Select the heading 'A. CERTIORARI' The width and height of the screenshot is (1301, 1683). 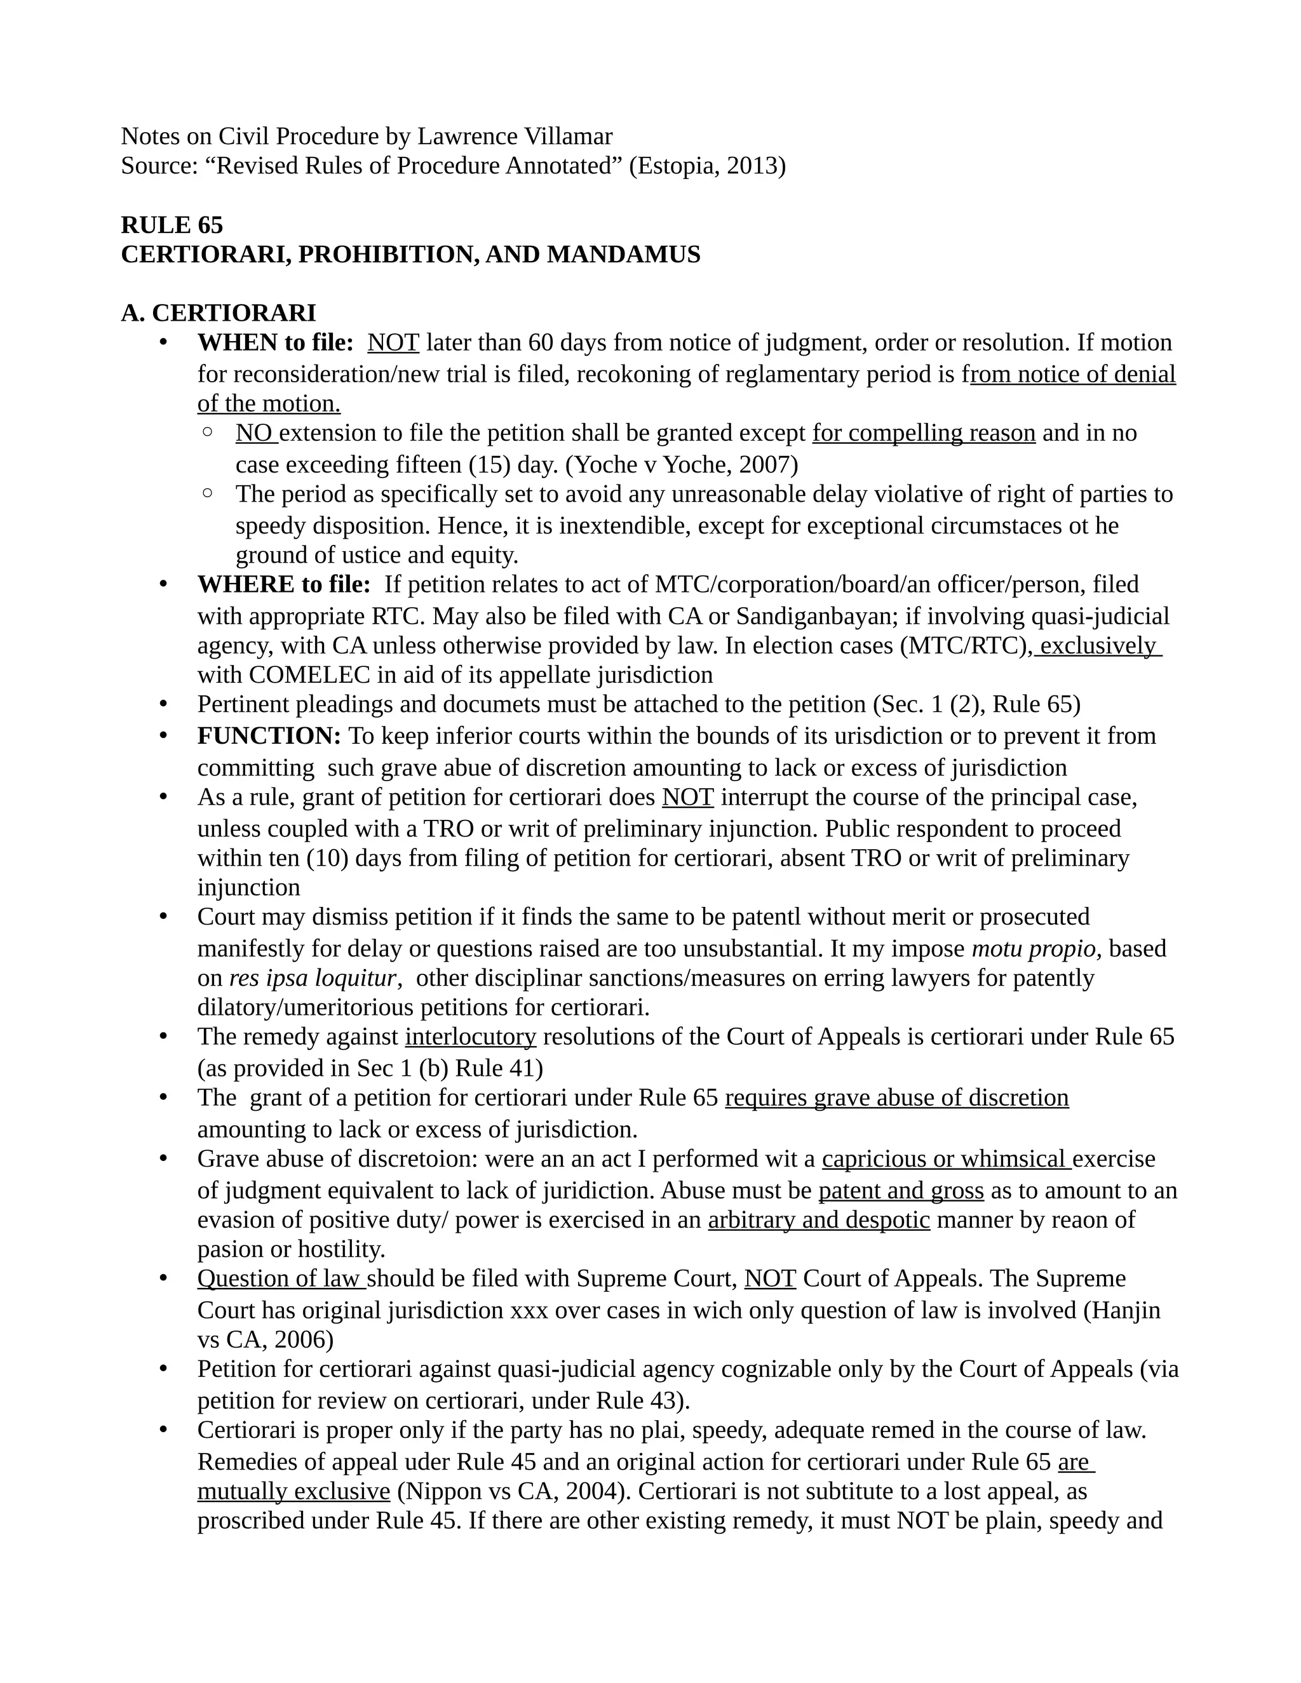(x=218, y=313)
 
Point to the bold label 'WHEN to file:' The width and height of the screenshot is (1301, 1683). (x=275, y=342)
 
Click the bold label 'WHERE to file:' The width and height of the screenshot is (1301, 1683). (x=283, y=584)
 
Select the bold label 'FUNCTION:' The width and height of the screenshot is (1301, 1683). (x=269, y=736)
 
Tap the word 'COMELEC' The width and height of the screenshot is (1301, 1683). (x=296, y=675)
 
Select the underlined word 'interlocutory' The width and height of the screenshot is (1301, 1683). (x=470, y=1036)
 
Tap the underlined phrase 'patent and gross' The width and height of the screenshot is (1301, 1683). (x=900, y=1191)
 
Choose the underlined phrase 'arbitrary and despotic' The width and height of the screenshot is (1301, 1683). (x=818, y=1220)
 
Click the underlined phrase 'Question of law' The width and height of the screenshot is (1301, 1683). (x=279, y=1278)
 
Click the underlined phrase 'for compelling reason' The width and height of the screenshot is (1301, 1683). (x=923, y=433)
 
